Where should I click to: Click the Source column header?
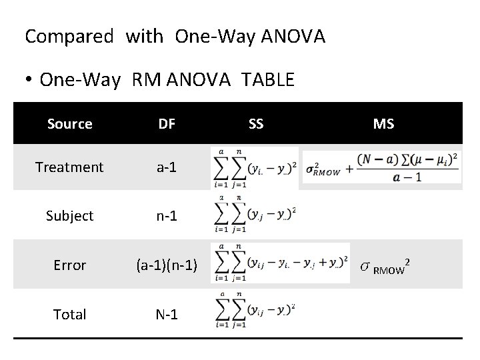[69, 124]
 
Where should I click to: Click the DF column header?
[167, 124]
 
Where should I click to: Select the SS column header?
[255, 124]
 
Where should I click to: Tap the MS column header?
[383, 124]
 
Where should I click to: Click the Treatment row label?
[69, 167]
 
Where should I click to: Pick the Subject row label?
[69, 216]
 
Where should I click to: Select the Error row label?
[69, 265]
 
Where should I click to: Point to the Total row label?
[69, 314]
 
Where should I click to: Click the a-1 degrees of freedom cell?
[167, 167]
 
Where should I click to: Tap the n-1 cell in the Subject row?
[167, 216]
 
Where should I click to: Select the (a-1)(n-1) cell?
[167, 265]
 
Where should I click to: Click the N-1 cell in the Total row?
[167, 314]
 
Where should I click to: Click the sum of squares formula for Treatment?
[254, 168]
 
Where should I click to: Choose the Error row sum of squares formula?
[280, 263]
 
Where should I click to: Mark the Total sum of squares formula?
[254, 312]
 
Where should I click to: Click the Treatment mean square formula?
[381, 167]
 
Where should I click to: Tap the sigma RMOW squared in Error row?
[385, 267]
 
